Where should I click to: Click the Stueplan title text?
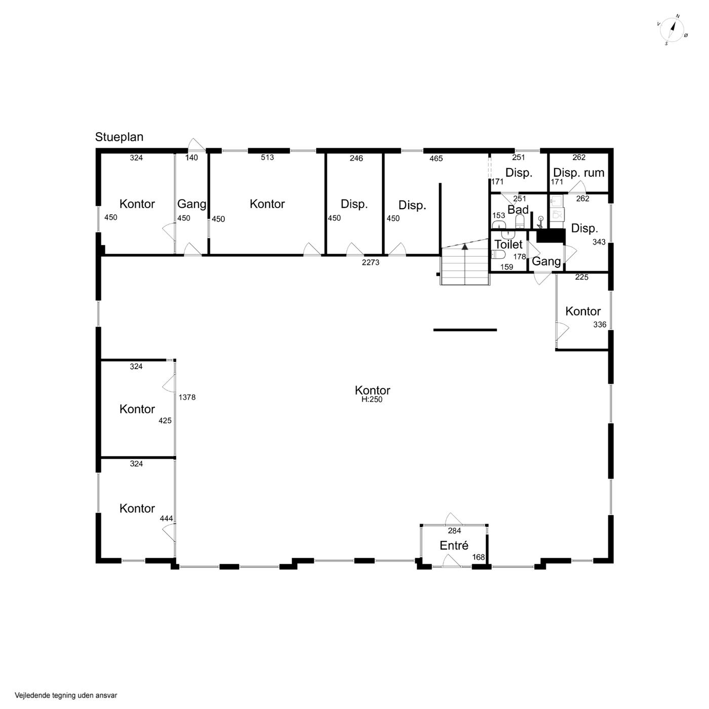point(119,137)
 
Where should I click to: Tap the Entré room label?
point(454,545)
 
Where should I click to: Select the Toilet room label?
point(508,244)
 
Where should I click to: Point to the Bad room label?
point(518,210)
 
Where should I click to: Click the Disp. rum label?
point(578,173)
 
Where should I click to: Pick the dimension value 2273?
point(370,262)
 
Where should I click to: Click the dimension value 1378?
point(187,398)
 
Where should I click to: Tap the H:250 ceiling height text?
point(372,399)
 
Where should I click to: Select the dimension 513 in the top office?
point(267,157)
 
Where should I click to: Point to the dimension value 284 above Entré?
point(454,531)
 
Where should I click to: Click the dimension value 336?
point(600,325)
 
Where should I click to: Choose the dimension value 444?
point(166,519)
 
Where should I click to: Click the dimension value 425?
point(165,420)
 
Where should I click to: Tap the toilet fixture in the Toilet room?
point(498,254)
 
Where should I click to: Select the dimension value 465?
point(436,159)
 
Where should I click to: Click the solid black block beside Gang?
point(550,235)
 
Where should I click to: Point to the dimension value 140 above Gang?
point(191,158)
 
